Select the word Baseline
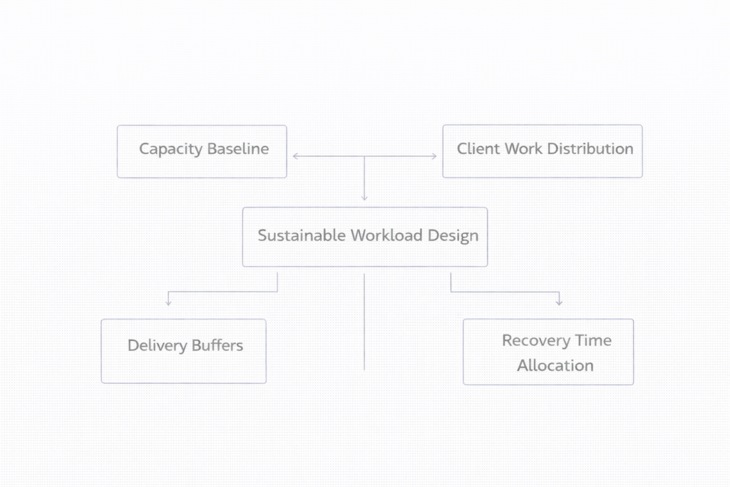coord(237,149)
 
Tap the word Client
coord(478,149)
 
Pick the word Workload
coord(386,236)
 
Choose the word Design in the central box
coord(453,236)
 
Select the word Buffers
coord(217,346)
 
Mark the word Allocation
coord(555,366)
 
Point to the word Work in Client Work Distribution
coord(523,149)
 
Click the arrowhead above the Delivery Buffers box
coord(168,302)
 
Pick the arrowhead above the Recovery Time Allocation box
coord(559,302)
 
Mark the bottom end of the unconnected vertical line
coord(364,369)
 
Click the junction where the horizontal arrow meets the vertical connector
coord(364,156)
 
